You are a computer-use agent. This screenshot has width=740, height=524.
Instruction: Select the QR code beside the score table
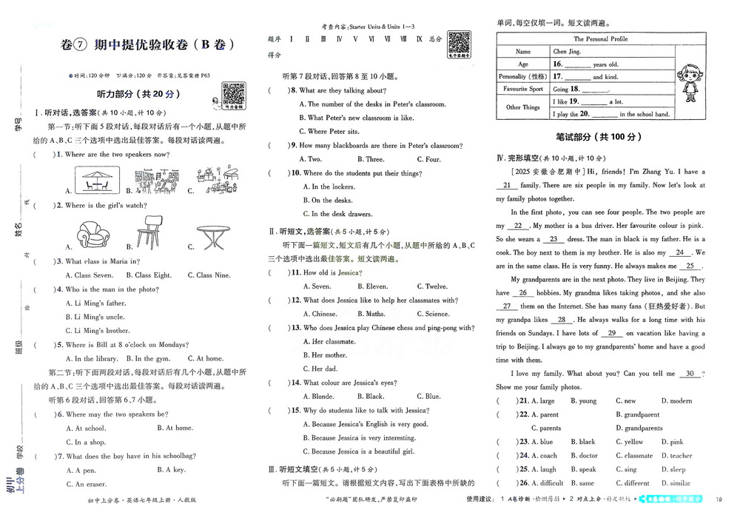[x=460, y=43]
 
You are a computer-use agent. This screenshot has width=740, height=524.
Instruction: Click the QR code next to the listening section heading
[x=234, y=95]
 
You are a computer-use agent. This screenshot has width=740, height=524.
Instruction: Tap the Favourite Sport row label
[x=523, y=89]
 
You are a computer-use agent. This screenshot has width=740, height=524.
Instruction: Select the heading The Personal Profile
[x=600, y=38]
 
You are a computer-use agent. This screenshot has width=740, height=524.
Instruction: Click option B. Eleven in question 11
[x=372, y=286]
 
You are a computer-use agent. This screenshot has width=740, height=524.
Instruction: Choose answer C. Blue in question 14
[x=428, y=396]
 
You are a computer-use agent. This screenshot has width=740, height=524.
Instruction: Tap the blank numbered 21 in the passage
[x=507, y=185]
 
